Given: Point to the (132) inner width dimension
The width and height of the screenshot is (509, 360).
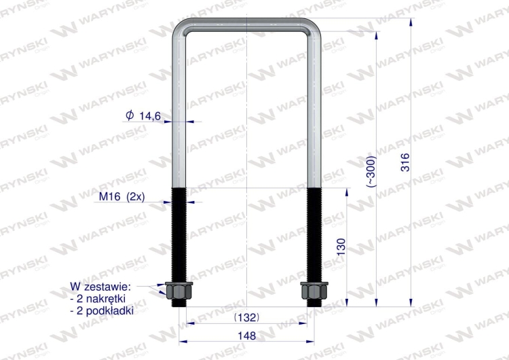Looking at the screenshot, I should click(246, 317).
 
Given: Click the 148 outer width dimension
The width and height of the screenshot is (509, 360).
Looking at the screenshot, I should click(247, 335).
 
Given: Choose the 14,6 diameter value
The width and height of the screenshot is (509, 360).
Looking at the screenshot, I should click(149, 116).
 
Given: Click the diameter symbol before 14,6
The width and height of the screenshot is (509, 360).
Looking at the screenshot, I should click(130, 116).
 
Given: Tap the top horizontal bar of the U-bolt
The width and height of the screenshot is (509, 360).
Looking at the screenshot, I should click(247, 24).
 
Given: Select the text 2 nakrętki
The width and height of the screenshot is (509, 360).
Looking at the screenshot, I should click(101, 298).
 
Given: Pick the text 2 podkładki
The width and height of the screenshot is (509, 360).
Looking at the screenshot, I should click(102, 310).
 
